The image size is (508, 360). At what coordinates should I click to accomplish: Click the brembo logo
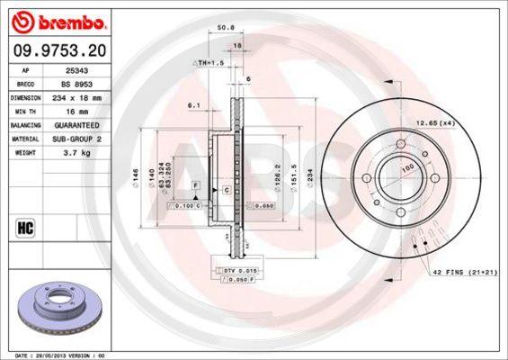[x=57, y=21]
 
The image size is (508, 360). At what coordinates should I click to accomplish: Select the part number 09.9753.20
[x=57, y=50]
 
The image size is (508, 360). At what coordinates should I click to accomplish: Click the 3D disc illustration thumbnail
[x=56, y=307]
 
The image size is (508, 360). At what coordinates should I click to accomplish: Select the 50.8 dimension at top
[x=227, y=29]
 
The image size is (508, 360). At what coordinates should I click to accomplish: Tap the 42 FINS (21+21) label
[x=465, y=271]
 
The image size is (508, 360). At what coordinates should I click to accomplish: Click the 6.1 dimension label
[x=193, y=105]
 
